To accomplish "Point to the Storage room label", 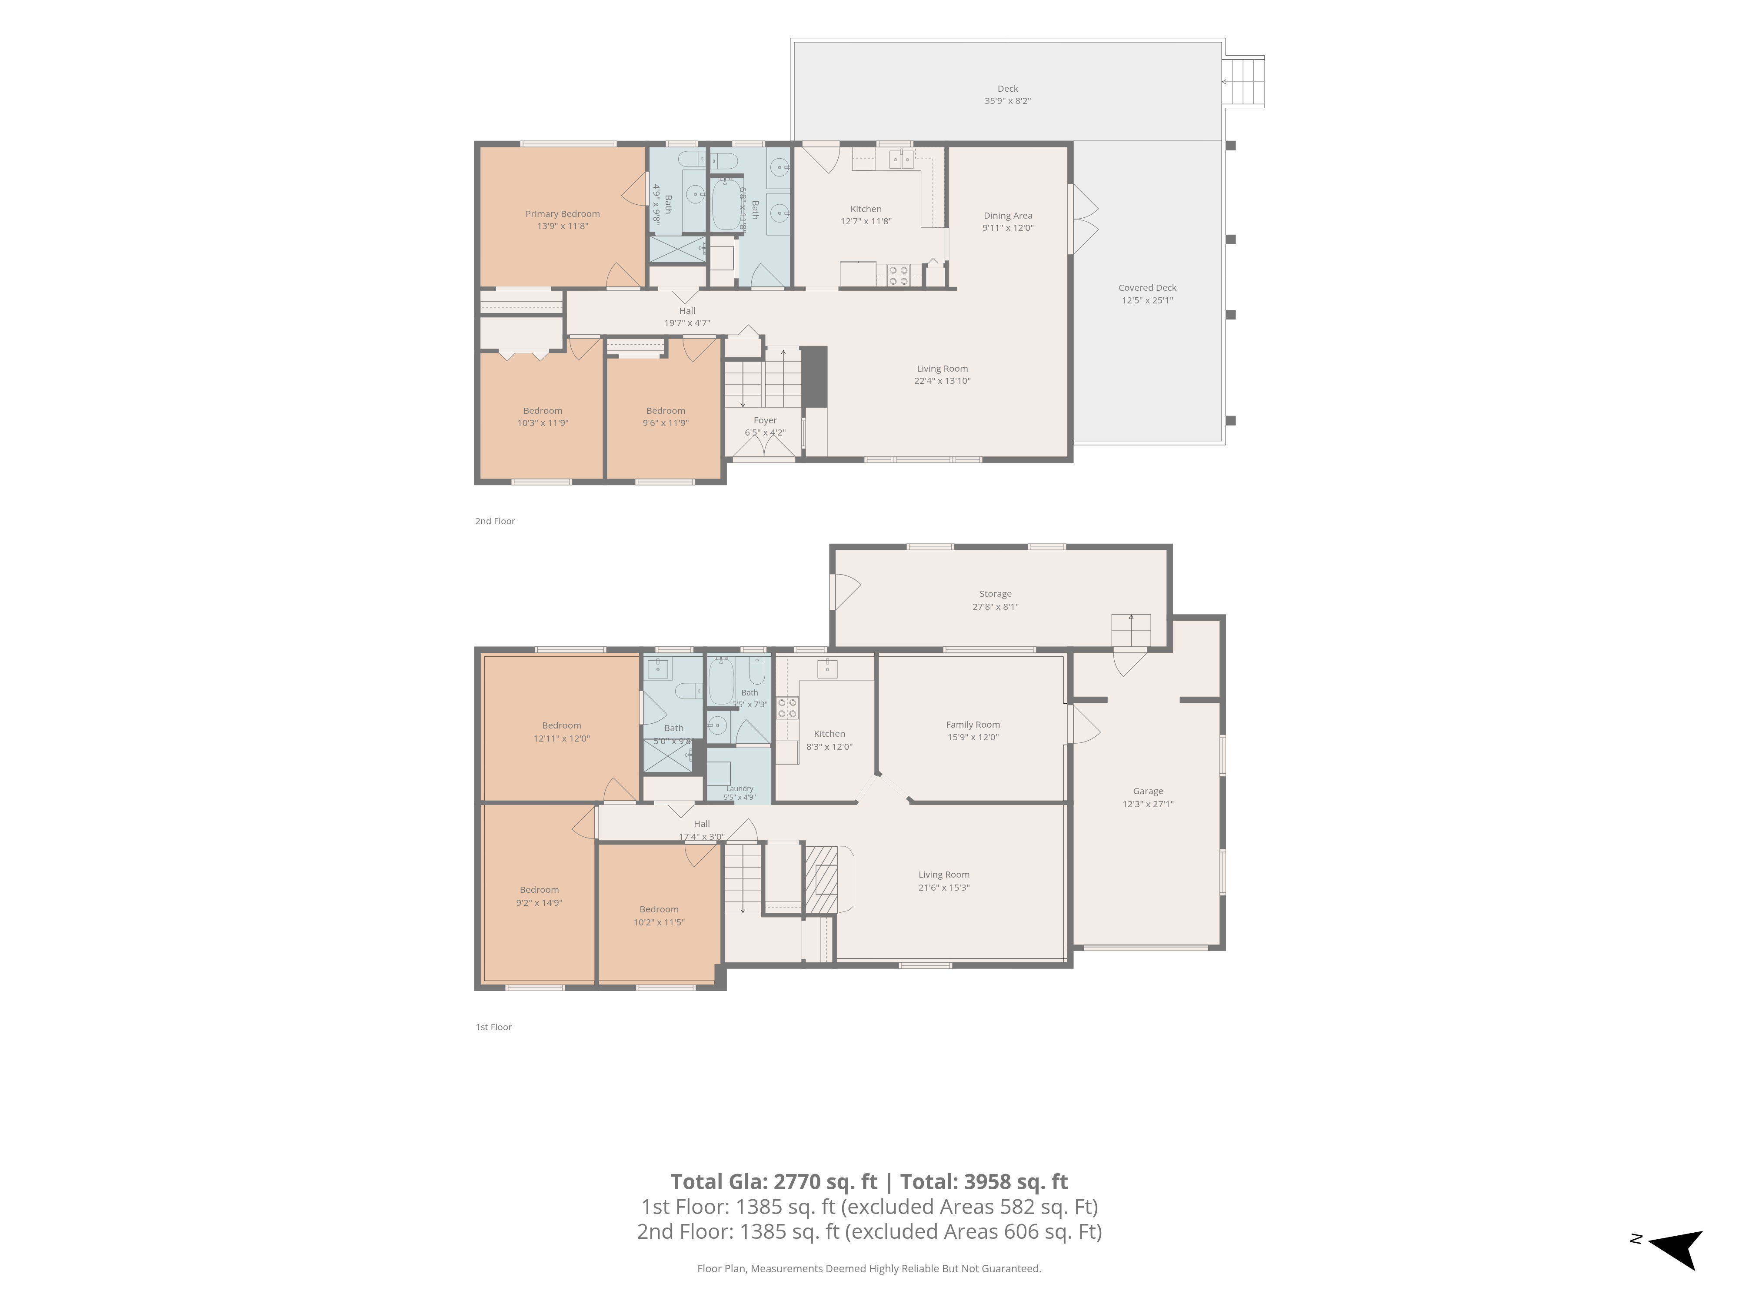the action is pos(995,594).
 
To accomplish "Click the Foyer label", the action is pos(765,420).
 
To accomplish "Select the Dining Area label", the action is pos(1008,215).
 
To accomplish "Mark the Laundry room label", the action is pos(740,788).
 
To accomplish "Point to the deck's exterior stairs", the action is pos(1245,82).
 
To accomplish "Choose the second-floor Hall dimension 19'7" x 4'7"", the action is pos(687,323).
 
